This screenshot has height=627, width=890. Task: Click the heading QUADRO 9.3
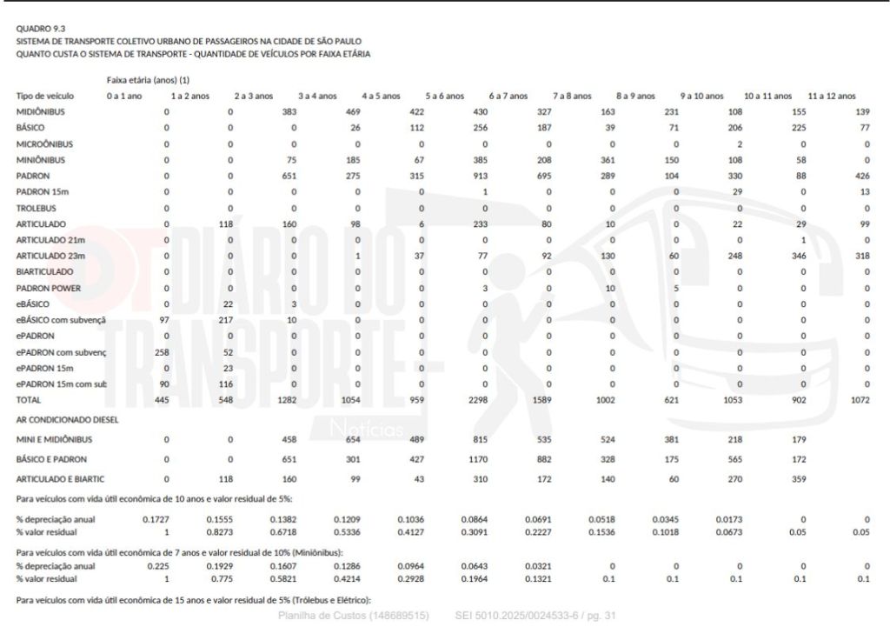click(36, 29)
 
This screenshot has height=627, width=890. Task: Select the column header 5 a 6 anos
click(445, 96)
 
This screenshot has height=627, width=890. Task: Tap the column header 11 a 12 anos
click(832, 96)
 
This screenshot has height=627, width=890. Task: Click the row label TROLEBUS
click(36, 208)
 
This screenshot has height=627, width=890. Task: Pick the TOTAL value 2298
click(480, 399)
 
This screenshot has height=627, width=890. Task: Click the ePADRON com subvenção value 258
click(161, 351)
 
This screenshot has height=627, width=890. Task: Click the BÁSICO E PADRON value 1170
click(480, 458)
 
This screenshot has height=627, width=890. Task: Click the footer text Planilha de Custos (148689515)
click(353, 616)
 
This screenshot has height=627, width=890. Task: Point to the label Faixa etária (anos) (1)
click(149, 80)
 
